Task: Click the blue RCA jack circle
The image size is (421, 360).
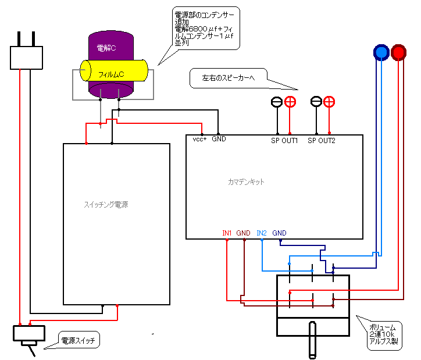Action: tap(381, 52)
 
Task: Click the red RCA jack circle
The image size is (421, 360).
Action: tap(399, 52)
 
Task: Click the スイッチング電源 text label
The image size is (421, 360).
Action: tap(106, 205)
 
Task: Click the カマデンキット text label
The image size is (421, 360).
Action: tap(247, 182)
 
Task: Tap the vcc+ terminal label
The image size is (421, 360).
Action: tap(200, 140)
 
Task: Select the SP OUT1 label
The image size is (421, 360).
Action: tap(284, 140)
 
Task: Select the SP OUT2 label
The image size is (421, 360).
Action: tap(322, 140)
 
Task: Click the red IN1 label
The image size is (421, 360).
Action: tap(227, 233)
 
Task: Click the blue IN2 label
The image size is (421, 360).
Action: tap(262, 233)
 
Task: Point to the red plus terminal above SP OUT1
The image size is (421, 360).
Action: tap(290, 102)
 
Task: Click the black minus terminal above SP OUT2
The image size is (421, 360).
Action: tap(316, 102)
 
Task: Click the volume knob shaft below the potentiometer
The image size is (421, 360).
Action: tap(313, 340)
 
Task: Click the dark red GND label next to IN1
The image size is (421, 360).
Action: tap(244, 233)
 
